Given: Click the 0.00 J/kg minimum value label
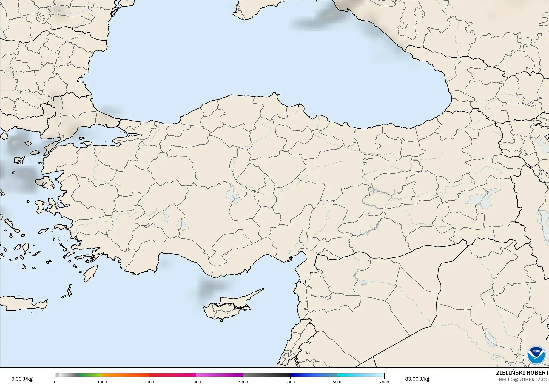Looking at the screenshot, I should [22, 379].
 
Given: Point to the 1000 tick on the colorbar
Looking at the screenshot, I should [102, 382].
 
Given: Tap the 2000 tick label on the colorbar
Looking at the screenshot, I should [149, 382].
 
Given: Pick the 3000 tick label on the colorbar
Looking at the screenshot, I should [196, 382].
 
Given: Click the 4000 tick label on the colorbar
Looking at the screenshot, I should [243, 382].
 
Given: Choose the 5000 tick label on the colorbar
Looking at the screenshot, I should [290, 382].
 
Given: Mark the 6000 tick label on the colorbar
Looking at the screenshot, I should [337, 382].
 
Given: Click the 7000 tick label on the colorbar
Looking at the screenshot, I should [384, 382].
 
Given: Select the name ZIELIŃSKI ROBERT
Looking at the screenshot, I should [522, 373].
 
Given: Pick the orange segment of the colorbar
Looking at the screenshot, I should [125, 375].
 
